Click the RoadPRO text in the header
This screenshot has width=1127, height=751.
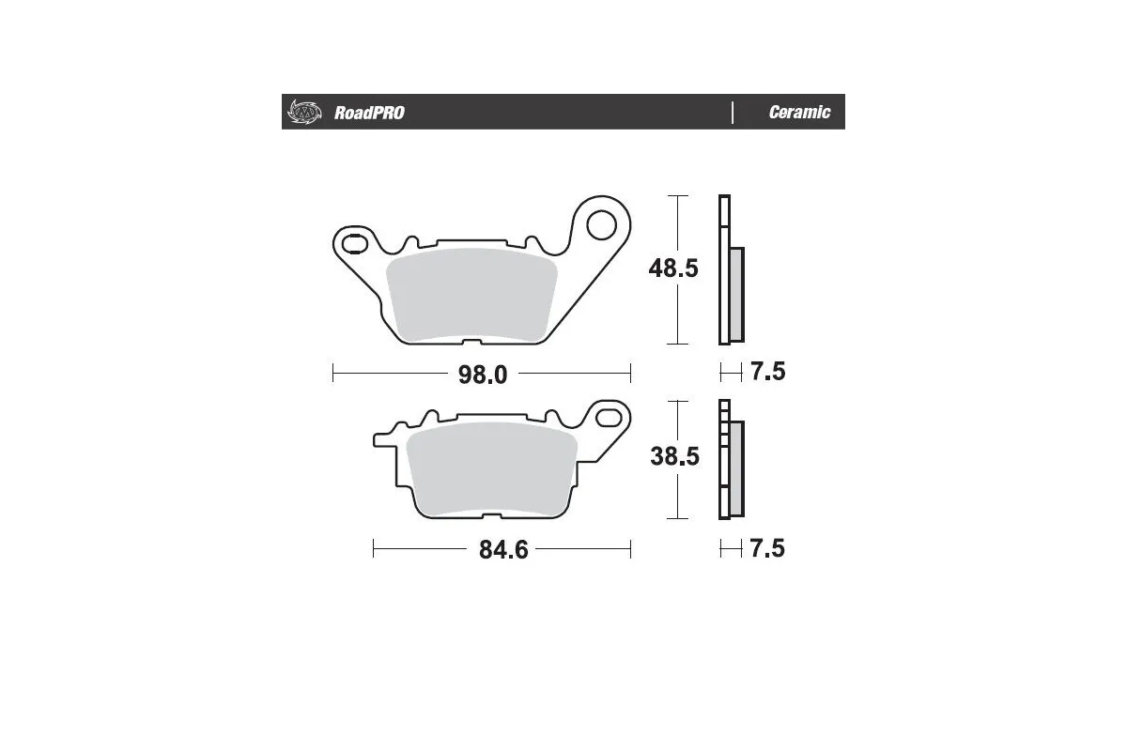click(x=369, y=113)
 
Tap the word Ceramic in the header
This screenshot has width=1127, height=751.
click(x=799, y=113)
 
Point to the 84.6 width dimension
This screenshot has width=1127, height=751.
click(x=503, y=550)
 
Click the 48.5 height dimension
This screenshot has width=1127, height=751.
click(x=673, y=268)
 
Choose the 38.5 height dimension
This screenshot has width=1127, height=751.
click(x=673, y=457)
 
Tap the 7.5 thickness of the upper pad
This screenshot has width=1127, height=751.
click(x=767, y=372)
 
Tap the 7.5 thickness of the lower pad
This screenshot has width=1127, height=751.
click(x=767, y=548)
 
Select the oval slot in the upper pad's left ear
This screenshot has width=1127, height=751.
click(x=355, y=245)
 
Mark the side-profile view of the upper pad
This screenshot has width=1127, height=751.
click(x=731, y=269)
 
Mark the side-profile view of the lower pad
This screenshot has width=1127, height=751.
click(x=731, y=459)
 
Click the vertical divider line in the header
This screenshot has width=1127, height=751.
click(x=733, y=113)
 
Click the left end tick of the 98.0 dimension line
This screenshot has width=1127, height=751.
click(x=333, y=375)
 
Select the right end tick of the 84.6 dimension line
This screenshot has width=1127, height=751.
click(x=630, y=549)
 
